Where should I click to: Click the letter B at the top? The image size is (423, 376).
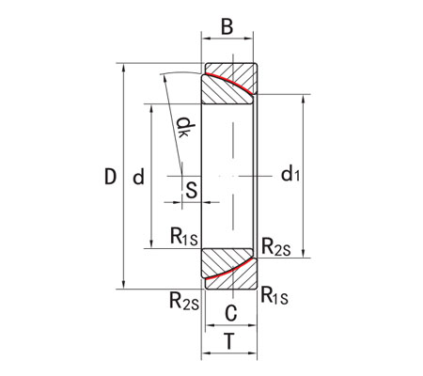coord(227,26)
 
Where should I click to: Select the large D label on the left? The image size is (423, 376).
coord(109,176)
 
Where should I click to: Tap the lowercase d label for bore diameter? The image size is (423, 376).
coord(138,176)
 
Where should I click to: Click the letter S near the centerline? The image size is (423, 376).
coord(191,189)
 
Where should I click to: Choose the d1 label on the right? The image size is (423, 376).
coord(290,175)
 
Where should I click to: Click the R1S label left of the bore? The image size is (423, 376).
coord(183,237)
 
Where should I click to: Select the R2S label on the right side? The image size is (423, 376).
coord(275,247)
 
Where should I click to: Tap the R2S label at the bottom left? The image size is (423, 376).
coord(183,301)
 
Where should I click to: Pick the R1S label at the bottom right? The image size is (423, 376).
coord(274,293)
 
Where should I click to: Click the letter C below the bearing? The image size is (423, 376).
coord(230,314)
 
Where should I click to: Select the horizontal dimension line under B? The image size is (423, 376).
coord(228,39)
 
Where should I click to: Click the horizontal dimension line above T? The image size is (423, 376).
coord(228,354)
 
